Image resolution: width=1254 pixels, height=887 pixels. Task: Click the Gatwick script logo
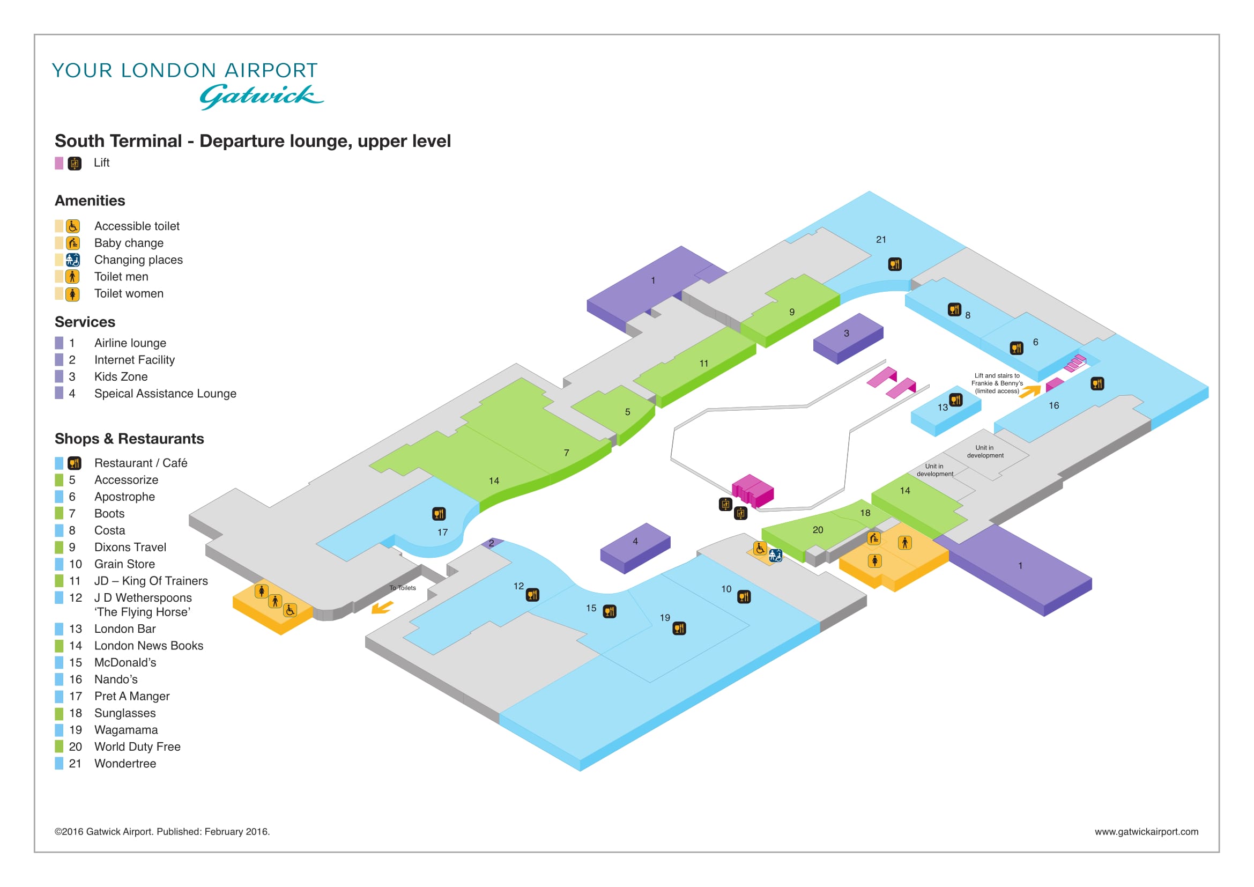pyautogui.click(x=261, y=97)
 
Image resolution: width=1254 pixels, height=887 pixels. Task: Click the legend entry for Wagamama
pyautogui.click(x=107, y=730)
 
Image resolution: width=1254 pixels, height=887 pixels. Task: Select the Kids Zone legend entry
pyautogui.click(x=101, y=376)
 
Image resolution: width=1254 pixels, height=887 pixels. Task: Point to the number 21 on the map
pyautogui.click(x=881, y=239)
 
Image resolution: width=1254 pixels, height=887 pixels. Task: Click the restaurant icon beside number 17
pyautogui.click(x=439, y=513)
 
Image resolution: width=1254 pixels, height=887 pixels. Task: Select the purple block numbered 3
pyautogui.click(x=848, y=338)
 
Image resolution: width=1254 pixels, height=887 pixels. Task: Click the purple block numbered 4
pyautogui.click(x=635, y=548)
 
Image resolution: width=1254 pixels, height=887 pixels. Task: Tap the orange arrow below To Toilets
pyautogui.click(x=382, y=608)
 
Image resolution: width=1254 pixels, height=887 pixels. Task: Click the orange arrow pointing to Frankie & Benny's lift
pyautogui.click(x=1030, y=391)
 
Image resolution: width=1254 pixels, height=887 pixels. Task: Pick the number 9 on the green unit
pyautogui.click(x=792, y=312)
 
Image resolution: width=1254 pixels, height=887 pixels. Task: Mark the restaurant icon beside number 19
pyautogui.click(x=679, y=628)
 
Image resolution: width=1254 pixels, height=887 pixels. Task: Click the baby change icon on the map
pyautogui.click(x=874, y=538)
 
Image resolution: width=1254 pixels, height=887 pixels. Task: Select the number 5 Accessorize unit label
pyautogui.click(x=628, y=412)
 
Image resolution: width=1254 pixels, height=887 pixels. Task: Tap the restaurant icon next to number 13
pyautogui.click(x=956, y=400)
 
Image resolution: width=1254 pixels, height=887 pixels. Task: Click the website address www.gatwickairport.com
pyautogui.click(x=1146, y=831)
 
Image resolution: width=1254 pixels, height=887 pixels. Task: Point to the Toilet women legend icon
pyautogui.click(x=72, y=294)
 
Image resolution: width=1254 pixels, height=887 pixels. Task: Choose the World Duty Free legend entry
pyautogui.click(x=118, y=746)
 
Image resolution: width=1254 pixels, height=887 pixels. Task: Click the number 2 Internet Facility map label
pyautogui.click(x=492, y=543)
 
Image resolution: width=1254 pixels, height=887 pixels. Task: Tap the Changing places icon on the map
pyautogui.click(x=776, y=556)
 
